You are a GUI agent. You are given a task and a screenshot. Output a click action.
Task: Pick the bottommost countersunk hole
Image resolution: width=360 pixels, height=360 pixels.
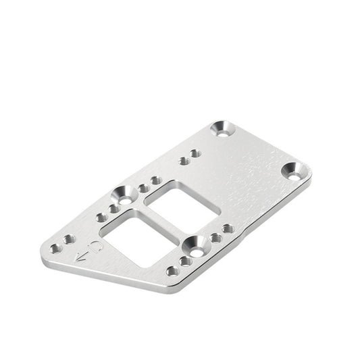(x=195, y=246)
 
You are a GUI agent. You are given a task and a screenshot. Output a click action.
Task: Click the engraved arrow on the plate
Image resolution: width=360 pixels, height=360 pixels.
(x=83, y=256)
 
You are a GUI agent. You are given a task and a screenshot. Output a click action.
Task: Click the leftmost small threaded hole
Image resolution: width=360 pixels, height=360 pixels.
(x=56, y=248)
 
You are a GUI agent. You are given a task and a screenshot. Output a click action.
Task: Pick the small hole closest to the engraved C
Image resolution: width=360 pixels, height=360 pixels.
(x=69, y=239)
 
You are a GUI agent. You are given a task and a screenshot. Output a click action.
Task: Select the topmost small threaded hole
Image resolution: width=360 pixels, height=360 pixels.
(x=195, y=153)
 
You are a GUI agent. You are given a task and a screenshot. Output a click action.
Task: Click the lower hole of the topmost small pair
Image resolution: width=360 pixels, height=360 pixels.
(x=183, y=161)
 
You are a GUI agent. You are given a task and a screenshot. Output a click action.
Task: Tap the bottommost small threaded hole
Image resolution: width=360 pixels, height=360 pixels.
(x=173, y=270)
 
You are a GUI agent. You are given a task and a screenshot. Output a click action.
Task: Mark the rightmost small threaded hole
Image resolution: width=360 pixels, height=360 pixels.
(x=228, y=229)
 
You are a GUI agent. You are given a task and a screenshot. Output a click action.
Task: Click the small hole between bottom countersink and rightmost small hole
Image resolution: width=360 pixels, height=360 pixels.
(x=215, y=238)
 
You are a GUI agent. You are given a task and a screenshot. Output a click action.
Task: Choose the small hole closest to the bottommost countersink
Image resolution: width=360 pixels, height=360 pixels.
(x=185, y=261)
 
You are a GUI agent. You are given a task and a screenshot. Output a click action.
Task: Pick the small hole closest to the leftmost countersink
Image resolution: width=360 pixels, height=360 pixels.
(x=114, y=209)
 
